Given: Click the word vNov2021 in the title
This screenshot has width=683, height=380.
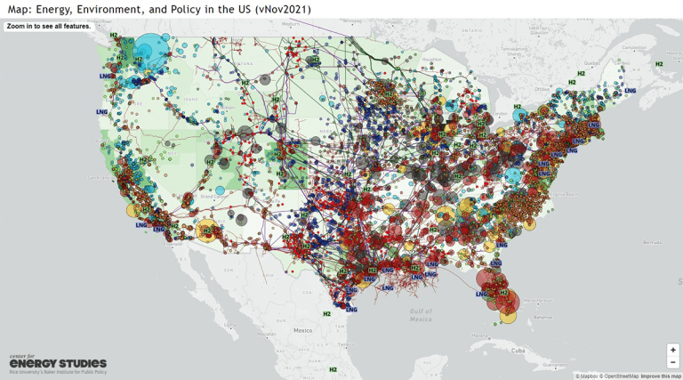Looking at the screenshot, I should (x=280, y=9).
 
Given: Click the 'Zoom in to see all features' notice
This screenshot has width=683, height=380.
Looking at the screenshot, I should (x=48, y=27).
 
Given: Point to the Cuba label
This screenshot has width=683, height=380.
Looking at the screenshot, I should (x=518, y=350).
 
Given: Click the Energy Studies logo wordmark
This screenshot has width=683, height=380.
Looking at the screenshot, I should (x=58, y=363).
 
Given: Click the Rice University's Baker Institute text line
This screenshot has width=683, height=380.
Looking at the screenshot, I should (x=58, y=373).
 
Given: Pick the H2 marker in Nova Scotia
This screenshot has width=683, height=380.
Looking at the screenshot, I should (x=659, y=64).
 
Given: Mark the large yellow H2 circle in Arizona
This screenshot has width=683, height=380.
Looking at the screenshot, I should (x=206, y=230).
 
